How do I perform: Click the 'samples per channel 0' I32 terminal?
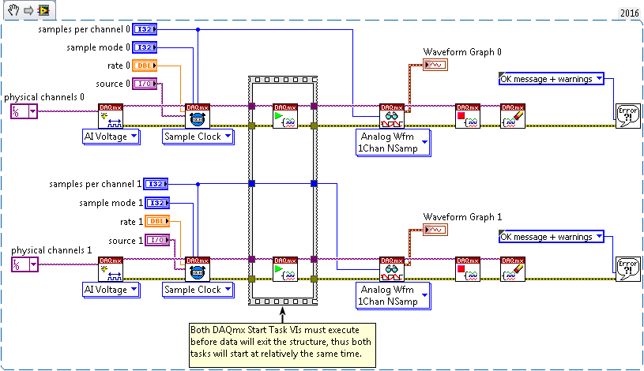pyautogui.click(x=145, y=29)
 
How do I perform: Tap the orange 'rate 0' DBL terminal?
pyautogui.click(x=145, y=66)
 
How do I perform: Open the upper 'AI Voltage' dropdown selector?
pyautogui.click(x=111, y=137)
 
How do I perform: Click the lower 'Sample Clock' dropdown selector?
pyautogui.click(x=198, y=290)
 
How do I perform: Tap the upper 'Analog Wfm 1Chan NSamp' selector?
pyautogui.click(x=391, y=141)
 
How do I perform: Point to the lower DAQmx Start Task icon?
pyautogui.click(x=284, y=269)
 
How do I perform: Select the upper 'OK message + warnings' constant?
pyautogui.click(x=552, y=79)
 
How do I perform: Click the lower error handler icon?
pyautogui.click(x=627, y=269)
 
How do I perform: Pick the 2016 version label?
pyautogui.click(x=628, y=13)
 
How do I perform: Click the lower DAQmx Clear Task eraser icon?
pyautogui.click(x=513, y=269)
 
